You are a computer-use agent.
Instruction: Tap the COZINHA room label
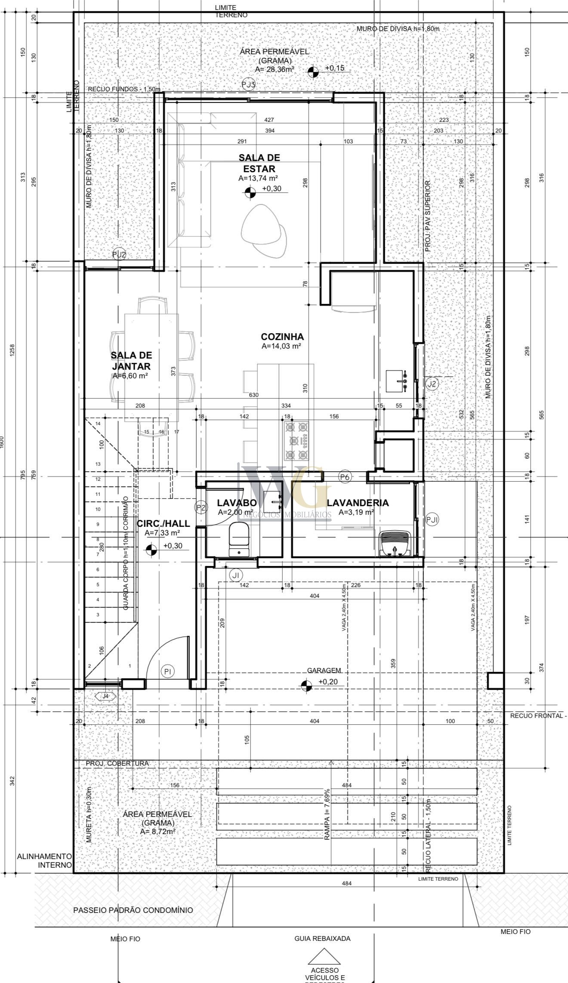click(x=282, y=337)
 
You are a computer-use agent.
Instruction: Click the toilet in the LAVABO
click(x=238, y=539)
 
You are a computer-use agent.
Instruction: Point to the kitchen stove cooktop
click(x=297, y=440)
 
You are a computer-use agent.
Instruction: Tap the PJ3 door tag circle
click(x=249, y=84)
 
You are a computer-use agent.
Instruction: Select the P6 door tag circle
click(x=345, y=476)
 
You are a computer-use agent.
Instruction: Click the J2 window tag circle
click(x=432, y=383)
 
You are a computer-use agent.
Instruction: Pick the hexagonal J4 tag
click(x=105, y=696)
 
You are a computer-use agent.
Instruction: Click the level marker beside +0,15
click(x=314, y=72)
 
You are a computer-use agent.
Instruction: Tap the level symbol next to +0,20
click(x=306, y=686)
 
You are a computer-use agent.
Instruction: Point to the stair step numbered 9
click(x=98, y=524)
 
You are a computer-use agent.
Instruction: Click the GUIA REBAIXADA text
click(x=322, y=939)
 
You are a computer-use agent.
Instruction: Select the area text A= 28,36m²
click(x=275, y=69)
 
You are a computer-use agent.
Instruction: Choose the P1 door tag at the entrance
click(x=168, y=671)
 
